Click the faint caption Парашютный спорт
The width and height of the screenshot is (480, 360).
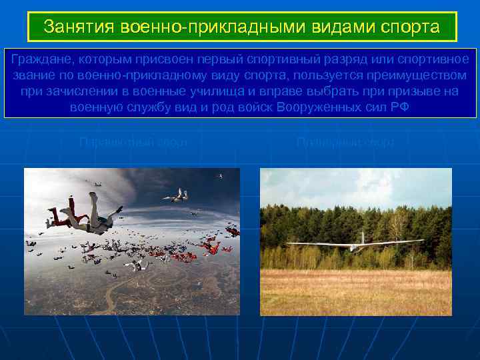(x=133, y=142)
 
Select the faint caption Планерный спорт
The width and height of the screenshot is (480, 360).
(x=345, y=142)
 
